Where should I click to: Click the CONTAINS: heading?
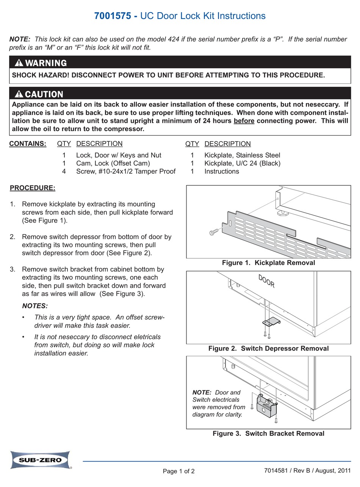pyautogui.click(x=28, y=144)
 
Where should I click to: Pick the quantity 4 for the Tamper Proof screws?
pyautogui.click(x=64, y=171)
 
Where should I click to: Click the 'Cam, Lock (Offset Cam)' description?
pyautogui.click(x=113, y=163)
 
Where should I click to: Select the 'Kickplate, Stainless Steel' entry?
pyautogui.click(x=242, y=155)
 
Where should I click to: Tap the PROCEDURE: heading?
pyautogui.click(x=32, y=188)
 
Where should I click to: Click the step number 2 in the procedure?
pyautogui.click(x=13, y=237)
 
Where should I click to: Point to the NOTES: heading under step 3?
pyautogui.click(x=35, y=306)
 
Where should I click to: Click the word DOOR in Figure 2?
pyautogui.click(x=266, y=281)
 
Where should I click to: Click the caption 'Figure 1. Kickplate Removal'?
pyautogui.click(x=268, y=263)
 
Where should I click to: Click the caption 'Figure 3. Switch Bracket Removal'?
pyautogui.click(x=268, y=434)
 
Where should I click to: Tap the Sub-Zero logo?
pyautogui.click(x=40, y=460)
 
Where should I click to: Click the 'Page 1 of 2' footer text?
pyautogui.click(x=179, y=471)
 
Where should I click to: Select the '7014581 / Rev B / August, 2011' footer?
pyautogui.click(x=304, y=471)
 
